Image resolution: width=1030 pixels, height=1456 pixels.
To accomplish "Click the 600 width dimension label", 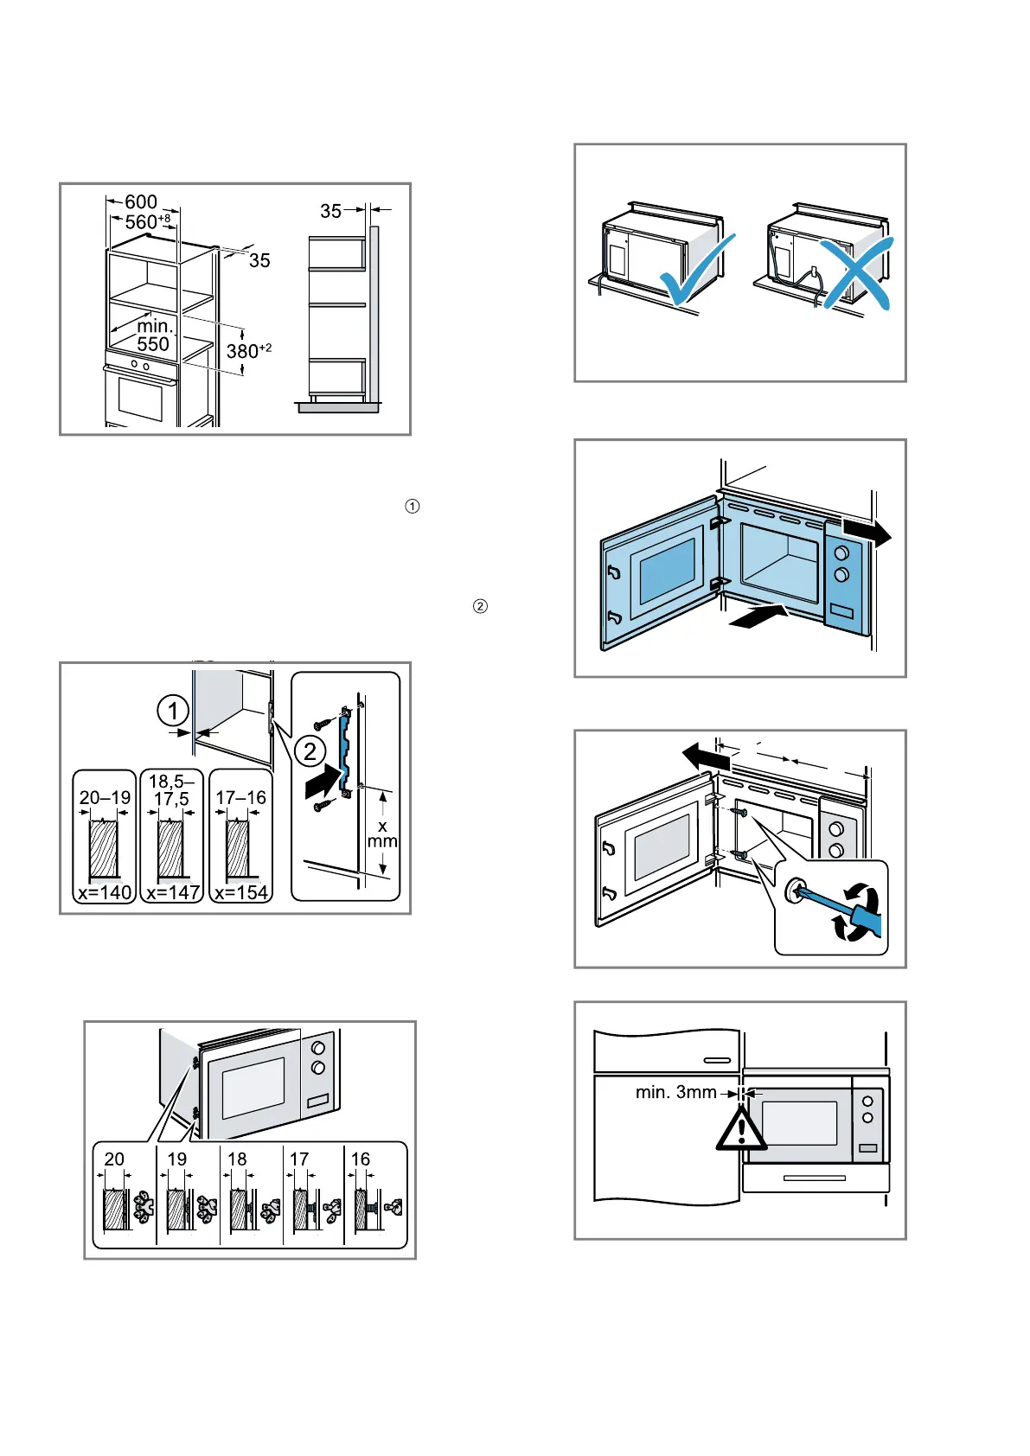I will click(x=141, y=202).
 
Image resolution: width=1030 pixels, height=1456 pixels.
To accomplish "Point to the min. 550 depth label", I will click(x=154, y=335).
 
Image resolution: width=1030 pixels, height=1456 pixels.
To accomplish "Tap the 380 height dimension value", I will click(x=243, y=351).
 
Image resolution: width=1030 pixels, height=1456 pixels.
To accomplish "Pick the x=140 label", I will click(x=105, y=892).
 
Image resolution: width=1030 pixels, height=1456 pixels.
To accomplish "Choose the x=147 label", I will click(x=173, y=892).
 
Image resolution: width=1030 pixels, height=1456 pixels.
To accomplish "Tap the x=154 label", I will click(x=241, y=892).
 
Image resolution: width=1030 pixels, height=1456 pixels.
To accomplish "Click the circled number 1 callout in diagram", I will click(x=173, y=712).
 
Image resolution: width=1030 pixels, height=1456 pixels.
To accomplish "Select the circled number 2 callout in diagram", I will click(x=310, y=750).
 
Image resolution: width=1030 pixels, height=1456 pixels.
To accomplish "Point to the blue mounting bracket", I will click(x=346, y=748).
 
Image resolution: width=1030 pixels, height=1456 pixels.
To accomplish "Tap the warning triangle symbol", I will click(x=741, y=1129).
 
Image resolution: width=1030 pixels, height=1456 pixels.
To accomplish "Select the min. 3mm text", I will click(x=675, y=1093).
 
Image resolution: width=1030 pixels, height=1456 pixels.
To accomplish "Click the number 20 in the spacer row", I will click(x=114, y=1159).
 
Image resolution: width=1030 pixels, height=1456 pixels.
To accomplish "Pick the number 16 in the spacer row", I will click(x=361, y=1159).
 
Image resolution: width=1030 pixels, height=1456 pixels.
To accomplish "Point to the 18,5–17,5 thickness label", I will click(x=171, y=791).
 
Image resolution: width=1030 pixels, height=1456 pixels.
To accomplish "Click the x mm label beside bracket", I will click(x=382, y=834).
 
